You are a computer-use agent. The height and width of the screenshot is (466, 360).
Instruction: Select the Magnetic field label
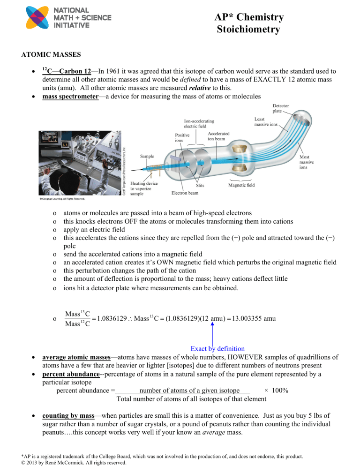242,185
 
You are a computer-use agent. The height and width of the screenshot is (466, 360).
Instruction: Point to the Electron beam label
180,193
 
